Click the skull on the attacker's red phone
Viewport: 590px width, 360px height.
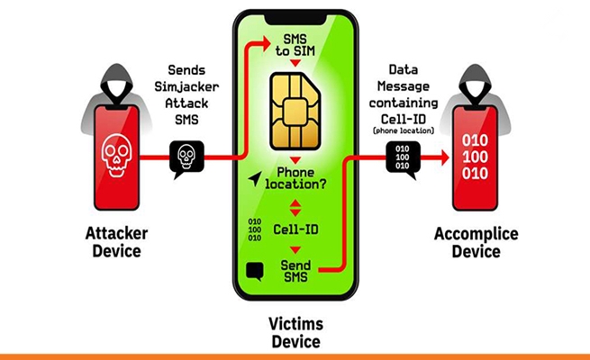pyautogui.click(x=116, y=153)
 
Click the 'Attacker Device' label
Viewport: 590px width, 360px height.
pyautogui.click(x=116, y=242)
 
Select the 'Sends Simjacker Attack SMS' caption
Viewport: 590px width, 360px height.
pyautogui.click(x=186, y=94)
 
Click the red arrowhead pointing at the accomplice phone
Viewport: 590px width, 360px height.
pyautogui.click(x=441, y=157)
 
